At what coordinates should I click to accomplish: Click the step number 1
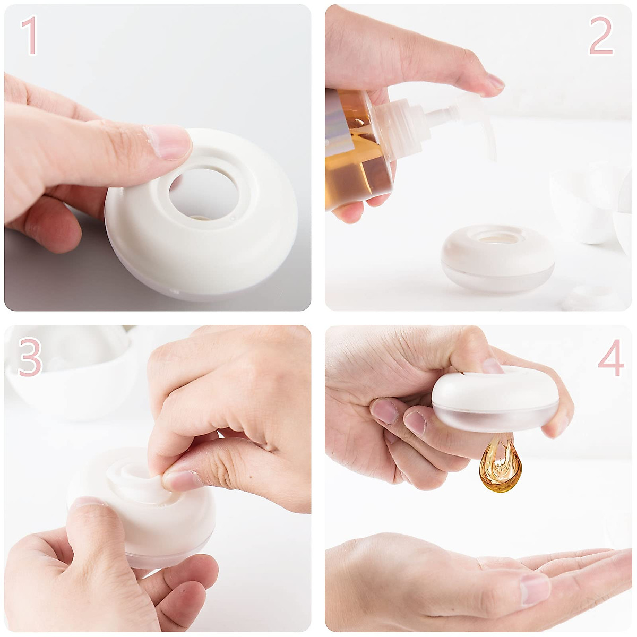click(29, 36)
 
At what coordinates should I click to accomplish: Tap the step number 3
click(30, 357)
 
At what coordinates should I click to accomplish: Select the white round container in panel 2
click(497, 259)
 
